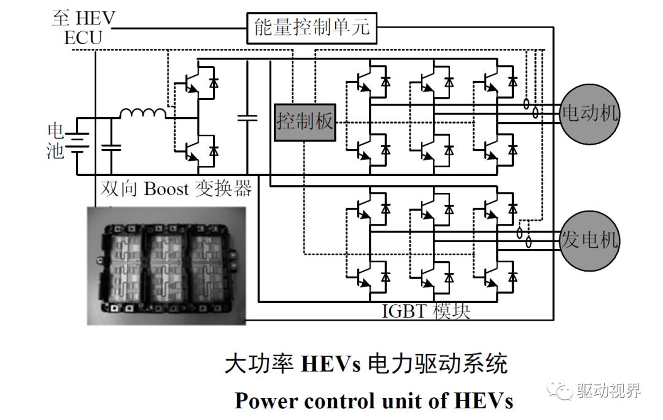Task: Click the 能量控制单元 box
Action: [311, 28]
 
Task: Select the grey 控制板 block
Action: [305, 122]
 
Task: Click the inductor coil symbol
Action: [142, 113]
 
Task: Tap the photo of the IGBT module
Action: [166, 265]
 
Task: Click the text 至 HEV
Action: [83, 18]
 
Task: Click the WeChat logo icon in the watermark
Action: [561, 390]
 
